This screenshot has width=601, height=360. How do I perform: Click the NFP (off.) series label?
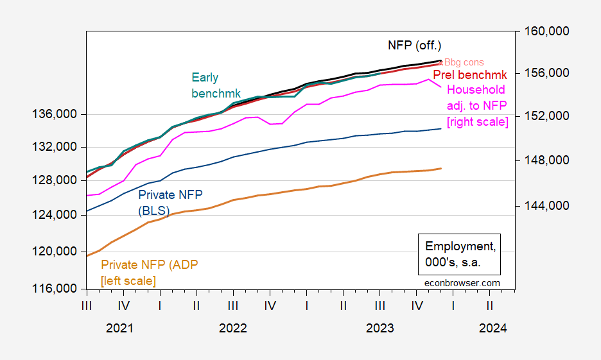click(x=415, y=46)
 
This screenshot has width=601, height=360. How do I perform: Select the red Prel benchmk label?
click(x=470, y=75)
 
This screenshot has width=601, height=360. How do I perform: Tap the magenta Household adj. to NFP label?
click(x=478, y=105)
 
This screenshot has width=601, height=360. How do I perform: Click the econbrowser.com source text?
click(x=462, y=282)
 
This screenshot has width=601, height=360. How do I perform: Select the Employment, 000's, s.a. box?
click(x=461, y=254)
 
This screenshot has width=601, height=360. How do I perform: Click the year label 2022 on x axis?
click(x=233, y=328)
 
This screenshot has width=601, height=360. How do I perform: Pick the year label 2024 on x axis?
click(x=492, y=328)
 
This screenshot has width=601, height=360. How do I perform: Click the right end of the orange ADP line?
click(x=441, y=168)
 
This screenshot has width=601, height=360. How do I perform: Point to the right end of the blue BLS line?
click(x=441, y=128)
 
